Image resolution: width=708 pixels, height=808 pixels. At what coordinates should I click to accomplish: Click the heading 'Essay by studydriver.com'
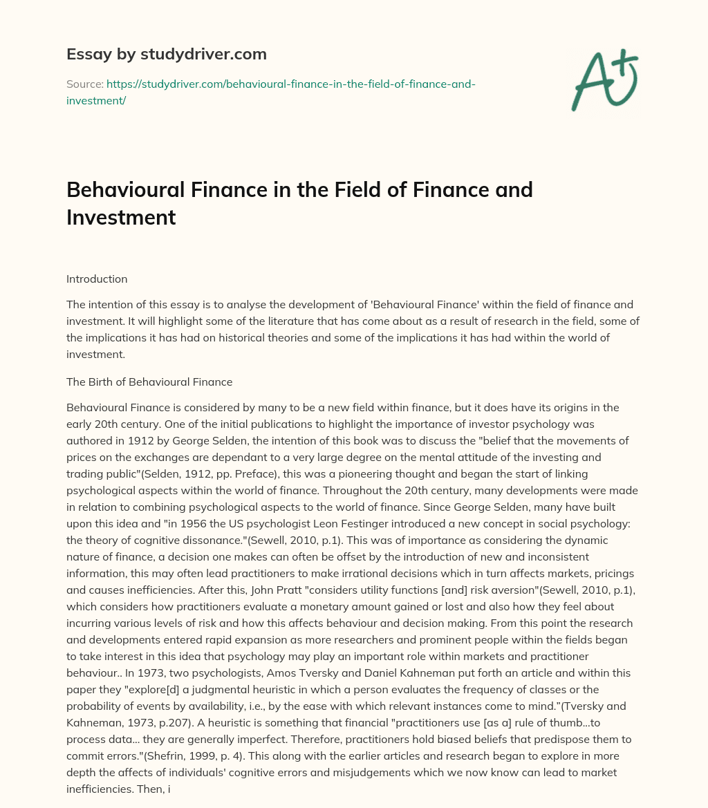(x=166, y=54)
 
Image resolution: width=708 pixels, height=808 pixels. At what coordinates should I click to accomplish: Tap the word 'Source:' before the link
(x=84, y=84)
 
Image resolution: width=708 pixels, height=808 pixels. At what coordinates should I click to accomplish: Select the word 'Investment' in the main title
(x=121, y=218)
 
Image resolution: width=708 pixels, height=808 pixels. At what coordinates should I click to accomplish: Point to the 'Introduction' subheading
(x=97, y=279)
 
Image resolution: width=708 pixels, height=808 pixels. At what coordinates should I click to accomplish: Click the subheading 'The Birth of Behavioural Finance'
(x=149, y=382)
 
